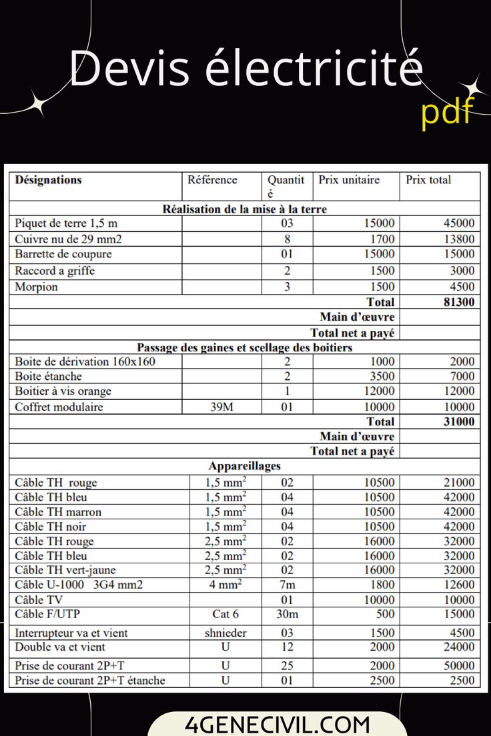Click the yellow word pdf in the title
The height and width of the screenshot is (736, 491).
[x=446, y=111]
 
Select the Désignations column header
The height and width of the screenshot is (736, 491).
[x=48, y=179]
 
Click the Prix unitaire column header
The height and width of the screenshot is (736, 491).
[x=349, y=179]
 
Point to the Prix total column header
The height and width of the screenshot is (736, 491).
[x=428, y=179]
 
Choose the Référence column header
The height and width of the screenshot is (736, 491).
[x=212, y=179]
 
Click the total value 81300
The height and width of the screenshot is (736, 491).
[x=459, y=302]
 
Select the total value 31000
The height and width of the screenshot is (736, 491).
[x=459, y=421]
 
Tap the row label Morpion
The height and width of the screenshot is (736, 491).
[x=36, y=287]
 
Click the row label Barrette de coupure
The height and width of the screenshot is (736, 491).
[x=63, y=254]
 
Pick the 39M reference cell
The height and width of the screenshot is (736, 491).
[x=221, y=407]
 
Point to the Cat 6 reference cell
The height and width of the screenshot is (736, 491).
[x=225, y=614]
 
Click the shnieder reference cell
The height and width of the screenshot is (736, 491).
[x=225, y=633]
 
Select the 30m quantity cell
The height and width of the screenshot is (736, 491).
[x=287, y=614]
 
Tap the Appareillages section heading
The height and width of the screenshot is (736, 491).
[x=244, y=466]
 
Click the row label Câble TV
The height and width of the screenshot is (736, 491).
[x=39, y=599]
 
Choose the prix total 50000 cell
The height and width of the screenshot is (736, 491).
[x=459, y=665]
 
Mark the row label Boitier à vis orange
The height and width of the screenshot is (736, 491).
[x=63, y=391]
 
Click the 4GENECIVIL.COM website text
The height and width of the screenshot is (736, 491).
[x=277, y=724]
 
